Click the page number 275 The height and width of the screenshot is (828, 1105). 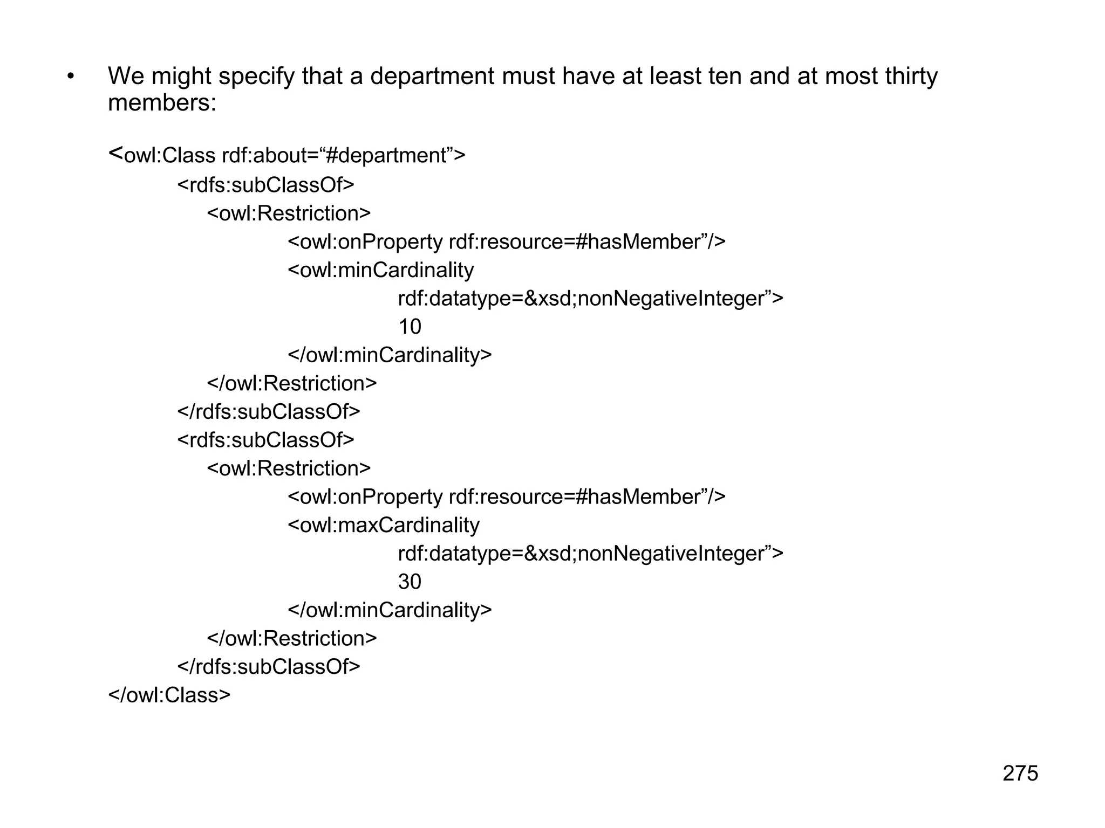click(1020, 773)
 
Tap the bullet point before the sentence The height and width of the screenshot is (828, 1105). click(70, 77)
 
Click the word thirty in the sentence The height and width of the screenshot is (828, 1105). click(911, 77)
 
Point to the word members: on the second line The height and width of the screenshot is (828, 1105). click(162, 102)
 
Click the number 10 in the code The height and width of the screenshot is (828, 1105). click(410, 327)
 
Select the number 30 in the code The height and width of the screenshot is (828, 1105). click(410, 582)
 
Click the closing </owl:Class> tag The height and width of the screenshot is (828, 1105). click(169, 695)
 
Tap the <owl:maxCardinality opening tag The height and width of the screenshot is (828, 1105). click(384, 525)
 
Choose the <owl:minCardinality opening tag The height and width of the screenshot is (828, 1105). click(381, 270)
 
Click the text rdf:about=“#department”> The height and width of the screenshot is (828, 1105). click(343, 156)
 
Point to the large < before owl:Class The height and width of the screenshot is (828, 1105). click(115, 154)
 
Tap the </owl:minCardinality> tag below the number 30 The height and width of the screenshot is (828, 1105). click(390, 610)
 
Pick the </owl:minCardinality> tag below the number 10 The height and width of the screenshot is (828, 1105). click(390, 355)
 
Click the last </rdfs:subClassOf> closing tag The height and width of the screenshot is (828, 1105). click(269, 667)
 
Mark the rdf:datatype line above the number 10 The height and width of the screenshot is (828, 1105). click(590, 298)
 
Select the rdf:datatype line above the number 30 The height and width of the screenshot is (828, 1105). click(590, 554)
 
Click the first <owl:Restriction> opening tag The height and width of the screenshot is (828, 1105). click(289, 213)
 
